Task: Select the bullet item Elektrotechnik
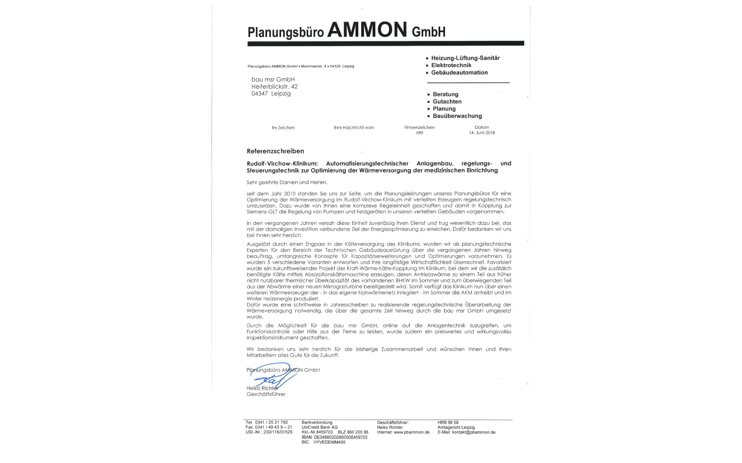tap(451, 65)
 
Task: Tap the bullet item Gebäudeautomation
tap(459, 73)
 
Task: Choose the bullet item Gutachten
tap(447, 101)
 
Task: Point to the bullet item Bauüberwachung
tap(457, 116)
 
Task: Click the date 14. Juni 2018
tap(482, 133)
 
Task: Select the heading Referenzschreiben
tap(275, 151)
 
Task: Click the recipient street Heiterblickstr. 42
tap(274, 86)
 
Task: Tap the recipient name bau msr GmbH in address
tap(273, 79)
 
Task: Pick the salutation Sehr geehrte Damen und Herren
tap(287, 182)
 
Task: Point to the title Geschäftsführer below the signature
tap(266, 394)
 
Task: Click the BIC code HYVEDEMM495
tap(329, 443)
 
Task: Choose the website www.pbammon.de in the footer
tap(411, 433)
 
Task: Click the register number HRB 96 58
tap(448, 422)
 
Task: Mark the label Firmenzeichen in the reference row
tap(419, 127)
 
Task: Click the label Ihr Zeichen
tap(283, 128)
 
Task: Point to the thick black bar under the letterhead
tap(385, 44)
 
